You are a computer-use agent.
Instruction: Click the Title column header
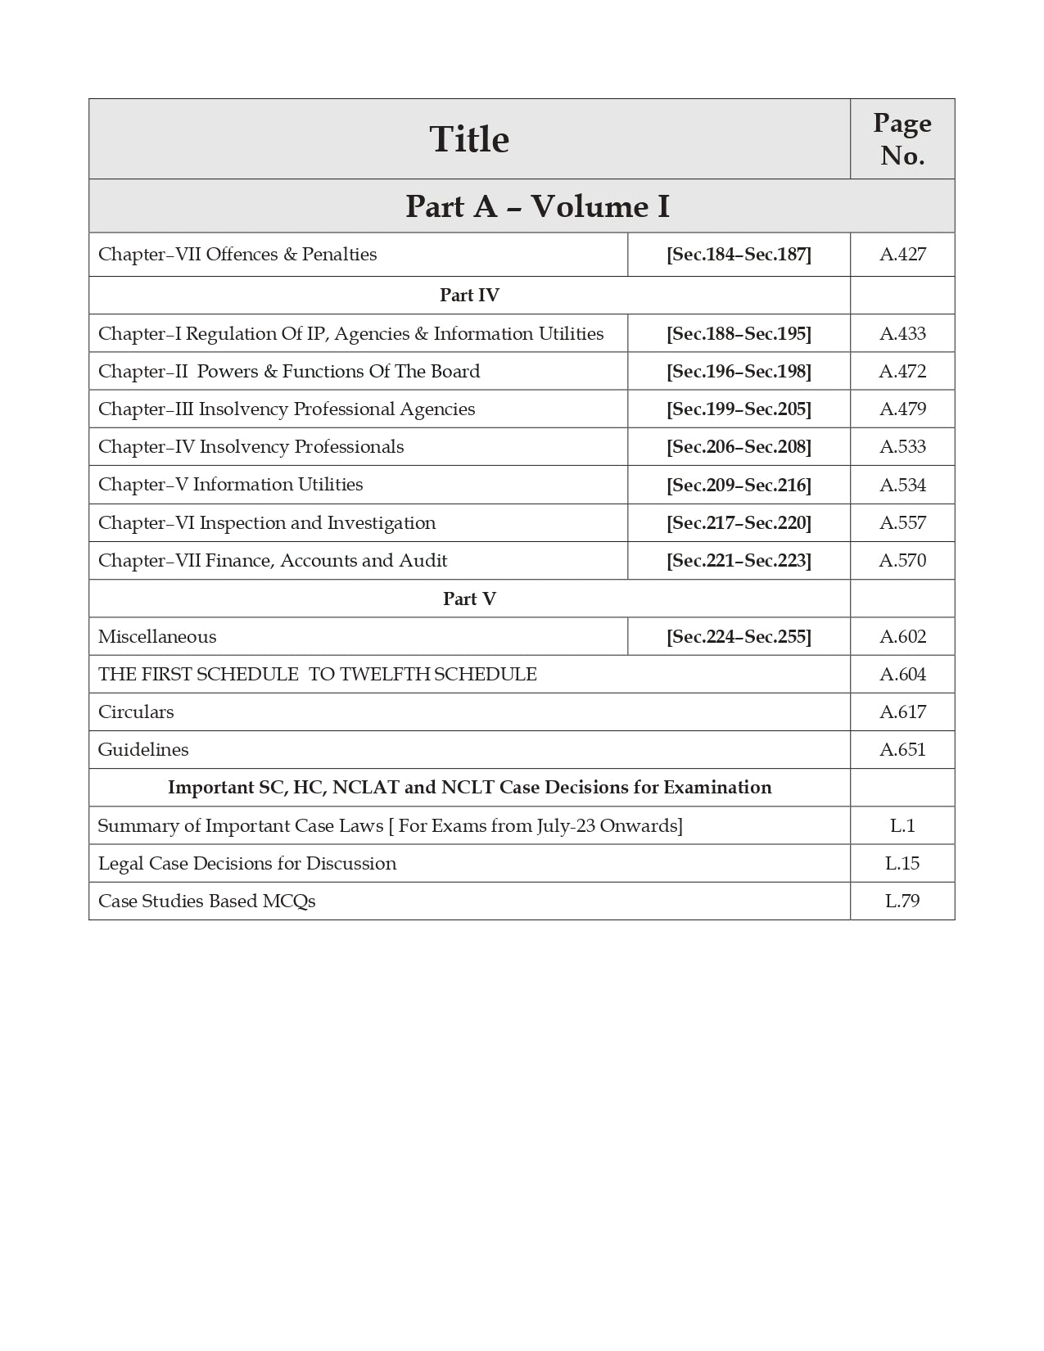(x=469, y=139)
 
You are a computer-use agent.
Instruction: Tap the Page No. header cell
(x=902, y=139)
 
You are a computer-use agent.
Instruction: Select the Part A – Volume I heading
(x=537, y=206)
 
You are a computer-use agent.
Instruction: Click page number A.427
(x=902, y=255)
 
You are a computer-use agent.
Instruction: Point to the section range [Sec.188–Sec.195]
(x=739, y=334)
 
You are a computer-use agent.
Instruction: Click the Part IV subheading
(x=469, y=296)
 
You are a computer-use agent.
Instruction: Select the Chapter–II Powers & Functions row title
(x=289, y=372)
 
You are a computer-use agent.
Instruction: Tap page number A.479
(x=902, y=409)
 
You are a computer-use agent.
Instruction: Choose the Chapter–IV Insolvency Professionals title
(x=251, y=447)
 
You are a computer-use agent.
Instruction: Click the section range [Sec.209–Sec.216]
(x=739, y=485)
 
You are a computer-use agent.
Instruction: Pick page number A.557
(x=902, y=522)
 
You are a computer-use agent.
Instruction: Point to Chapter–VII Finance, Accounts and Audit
(x=273, y=561)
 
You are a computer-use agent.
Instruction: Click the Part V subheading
(x=469, y=599)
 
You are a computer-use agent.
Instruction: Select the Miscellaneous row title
(x=157, y=637)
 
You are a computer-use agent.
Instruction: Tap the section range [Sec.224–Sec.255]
(x=739, y=637)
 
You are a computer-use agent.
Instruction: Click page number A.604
(x=902, y=675)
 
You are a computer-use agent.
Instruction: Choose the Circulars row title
(x=136, y=712)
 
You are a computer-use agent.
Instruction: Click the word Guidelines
(x=143, y=750)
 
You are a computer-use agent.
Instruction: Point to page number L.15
(x=902, y=864)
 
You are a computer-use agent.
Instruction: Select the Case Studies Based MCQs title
(x=207, y=901)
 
